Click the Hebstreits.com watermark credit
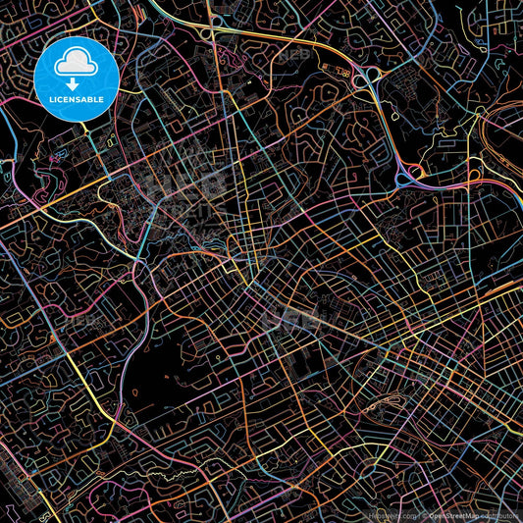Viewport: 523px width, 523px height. tap(387, 515)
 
